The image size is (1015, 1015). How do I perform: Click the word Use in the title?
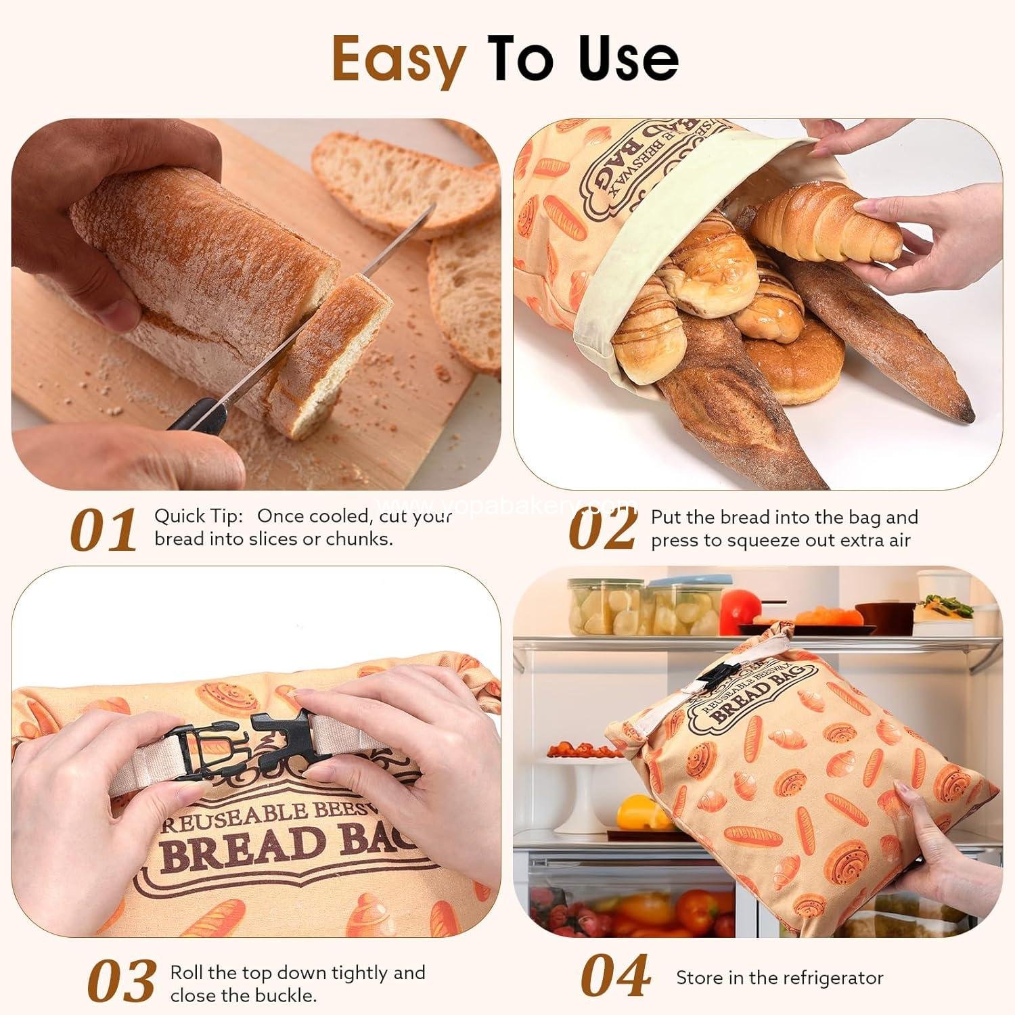point(629,60)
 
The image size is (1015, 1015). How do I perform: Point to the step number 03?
point(122,982)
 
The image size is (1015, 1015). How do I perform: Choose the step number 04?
point(616,977)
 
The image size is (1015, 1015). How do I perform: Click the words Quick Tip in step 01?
point(198,516)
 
